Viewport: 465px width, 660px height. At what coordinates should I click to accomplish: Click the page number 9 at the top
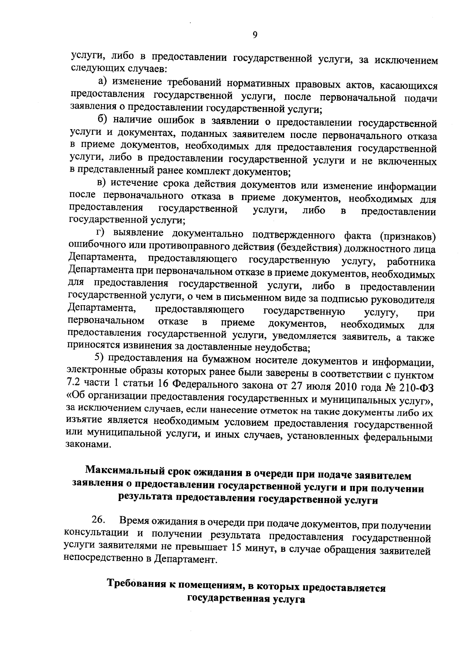click(255, 35)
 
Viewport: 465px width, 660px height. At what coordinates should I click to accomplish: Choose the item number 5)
click(101, 360)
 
